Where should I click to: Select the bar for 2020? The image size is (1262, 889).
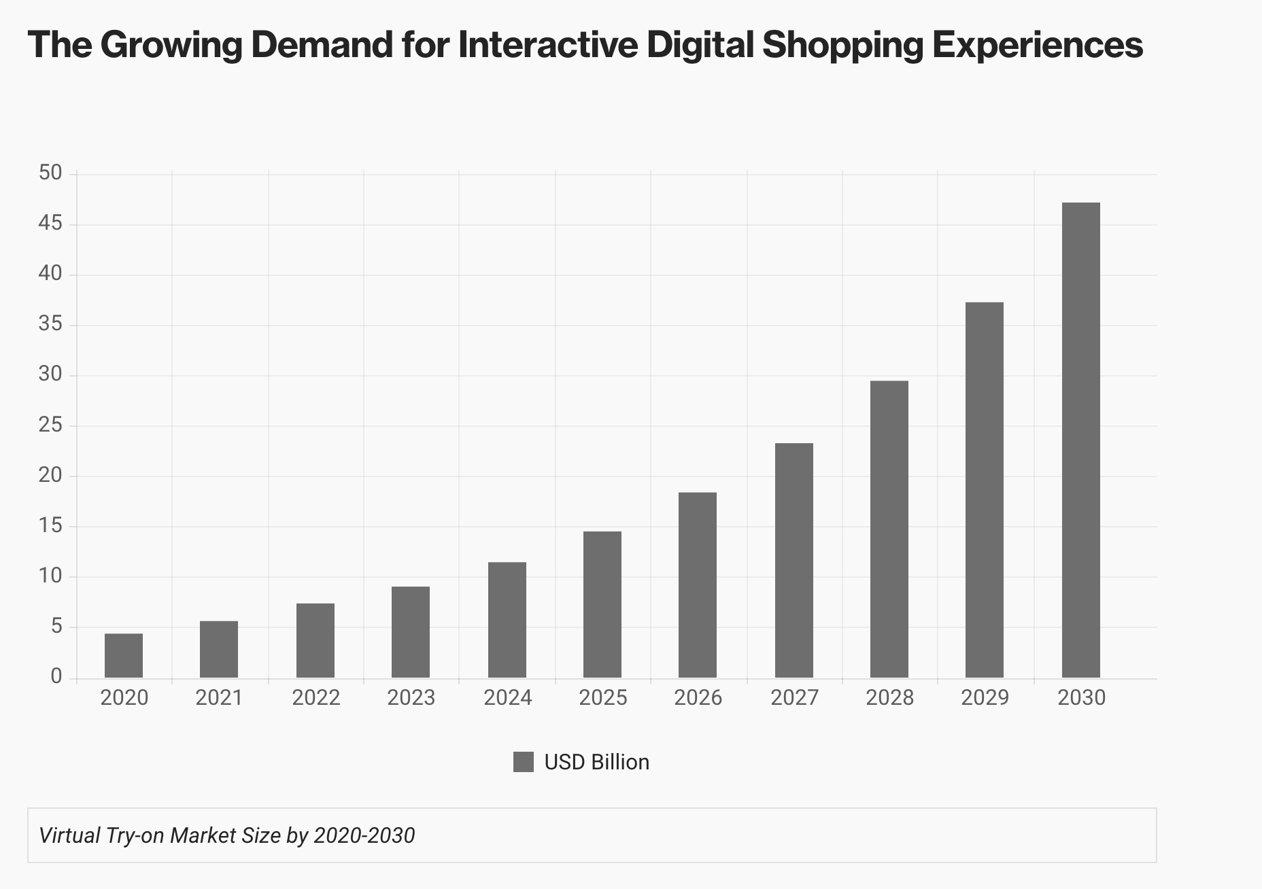point(124,656)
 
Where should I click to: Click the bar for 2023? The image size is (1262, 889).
point(411,632)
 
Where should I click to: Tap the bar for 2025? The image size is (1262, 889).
point(602,605)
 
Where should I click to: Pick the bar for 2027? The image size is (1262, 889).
point(794,561)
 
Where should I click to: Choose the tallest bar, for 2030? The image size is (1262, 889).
point(1081,440)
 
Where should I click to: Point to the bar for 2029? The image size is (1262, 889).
point(985,490)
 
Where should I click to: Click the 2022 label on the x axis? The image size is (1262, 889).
point(315,698)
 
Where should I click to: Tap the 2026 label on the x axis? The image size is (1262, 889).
point(698,698)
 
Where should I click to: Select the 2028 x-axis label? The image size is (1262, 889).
point(889,698)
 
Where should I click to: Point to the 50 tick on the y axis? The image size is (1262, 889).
point(50,173)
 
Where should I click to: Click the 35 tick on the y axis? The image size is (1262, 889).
point(50,324)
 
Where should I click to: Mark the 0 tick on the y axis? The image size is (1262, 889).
point(56,677)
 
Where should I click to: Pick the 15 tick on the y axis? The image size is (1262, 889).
point(50,526)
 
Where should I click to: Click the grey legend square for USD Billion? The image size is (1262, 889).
point(524,762)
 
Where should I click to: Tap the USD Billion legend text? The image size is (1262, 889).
point(597,762)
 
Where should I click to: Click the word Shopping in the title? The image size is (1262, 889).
point(843,46)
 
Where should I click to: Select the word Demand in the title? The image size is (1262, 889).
point(322,45)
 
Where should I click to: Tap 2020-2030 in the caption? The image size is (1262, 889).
point(364,835)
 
